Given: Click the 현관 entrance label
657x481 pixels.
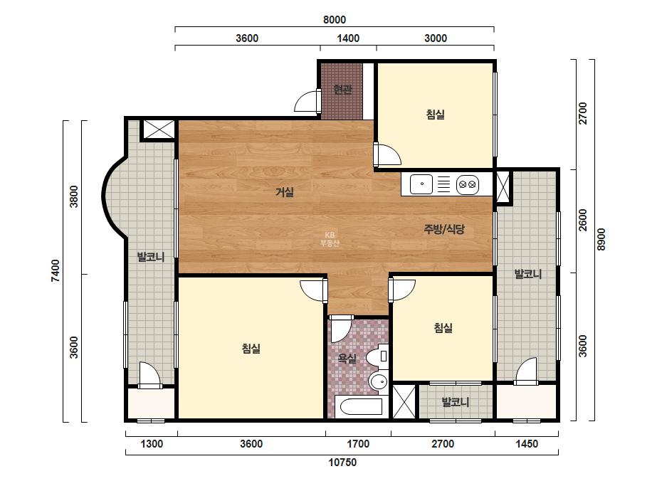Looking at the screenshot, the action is pyautogui.click(x=342, y=89).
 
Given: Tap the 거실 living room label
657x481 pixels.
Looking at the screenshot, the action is pyautogui.click(x=285, y=192).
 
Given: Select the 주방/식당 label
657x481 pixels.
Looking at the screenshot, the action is pyautogui.click(x=444, y=229).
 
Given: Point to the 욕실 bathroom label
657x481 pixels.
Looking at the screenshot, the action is pyautogui.click(x=347, y=358).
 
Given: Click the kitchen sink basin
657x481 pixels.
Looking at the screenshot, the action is pyautogui.click(x=421, y=184).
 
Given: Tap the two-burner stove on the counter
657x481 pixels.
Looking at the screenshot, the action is pyautogui.click(x=468, y=184).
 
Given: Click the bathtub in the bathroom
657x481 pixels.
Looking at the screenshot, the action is pyautogui.click(x=361, y=407).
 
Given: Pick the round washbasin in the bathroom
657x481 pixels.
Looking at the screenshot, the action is pyautogui.click(x=379, y=381).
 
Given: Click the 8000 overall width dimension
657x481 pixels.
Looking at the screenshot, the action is pyautogui.click(x=335, y=20).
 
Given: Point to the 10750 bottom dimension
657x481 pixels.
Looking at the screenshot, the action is pyautogui.click(x=342, y=462).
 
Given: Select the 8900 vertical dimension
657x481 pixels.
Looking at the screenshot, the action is pyautogui.click(x=601, y=239).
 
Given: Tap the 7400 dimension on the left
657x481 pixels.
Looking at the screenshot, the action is pyautogui.click(x=56, y=270).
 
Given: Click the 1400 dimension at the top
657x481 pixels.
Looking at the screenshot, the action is pyautogui.click(x=348, y=38).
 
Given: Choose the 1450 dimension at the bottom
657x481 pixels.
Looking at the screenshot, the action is pyautogui.click(x=526, y=444).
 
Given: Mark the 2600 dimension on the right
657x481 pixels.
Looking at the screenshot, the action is pyautogui.click(x=583, y=220).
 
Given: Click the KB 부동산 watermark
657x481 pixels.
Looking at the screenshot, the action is pyautogui.click(x=330, y=239).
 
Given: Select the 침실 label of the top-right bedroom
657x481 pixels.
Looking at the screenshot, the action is pyautogui.click(x=436, y=115).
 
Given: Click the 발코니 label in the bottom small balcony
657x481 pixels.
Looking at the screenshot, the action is pyautogui.click(x=456, y=402).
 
